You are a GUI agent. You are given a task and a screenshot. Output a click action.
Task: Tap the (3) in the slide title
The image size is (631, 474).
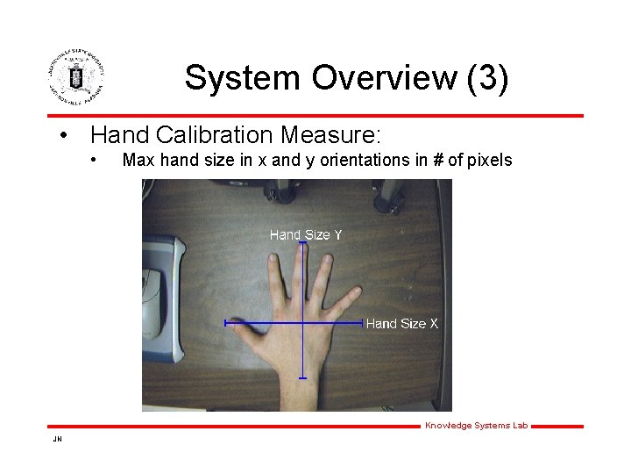point(487,78)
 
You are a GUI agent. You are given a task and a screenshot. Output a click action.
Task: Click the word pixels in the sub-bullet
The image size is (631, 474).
point(491,161)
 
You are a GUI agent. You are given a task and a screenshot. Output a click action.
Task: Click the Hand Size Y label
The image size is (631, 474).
point(305,234)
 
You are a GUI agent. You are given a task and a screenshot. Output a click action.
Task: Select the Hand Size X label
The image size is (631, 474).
point(401,324)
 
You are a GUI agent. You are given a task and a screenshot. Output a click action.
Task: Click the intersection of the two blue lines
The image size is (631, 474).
point(302,323)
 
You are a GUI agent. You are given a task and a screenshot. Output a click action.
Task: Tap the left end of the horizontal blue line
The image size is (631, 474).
point(226,323)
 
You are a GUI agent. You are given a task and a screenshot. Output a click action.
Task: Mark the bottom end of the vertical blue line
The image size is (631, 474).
point(302,378)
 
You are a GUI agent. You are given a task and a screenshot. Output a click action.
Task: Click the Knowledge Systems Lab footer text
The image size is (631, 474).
point(476,426)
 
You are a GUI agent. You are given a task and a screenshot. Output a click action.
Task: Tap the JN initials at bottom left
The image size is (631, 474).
point(57,438)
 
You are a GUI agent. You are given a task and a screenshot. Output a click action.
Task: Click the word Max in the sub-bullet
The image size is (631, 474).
point(137,161)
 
